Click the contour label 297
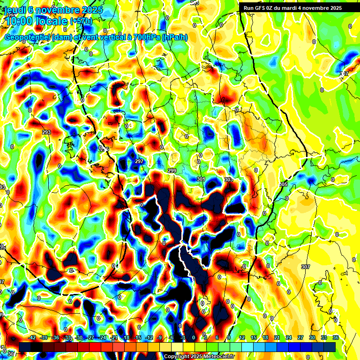click(x=139, y=161)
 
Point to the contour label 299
click(x=172, y=171)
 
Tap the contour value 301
click(x=201, y=179)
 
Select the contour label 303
click(x=228, y=180)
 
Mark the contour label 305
click(x=283, y=184)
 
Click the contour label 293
click(x=46, y=133)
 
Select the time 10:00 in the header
click(x=22, y=21)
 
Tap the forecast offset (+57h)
click(x=81, y=21)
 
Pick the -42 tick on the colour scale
click(x=32, y=337)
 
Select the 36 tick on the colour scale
click(x=336, y=337)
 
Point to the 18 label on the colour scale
click(x=265, y=337)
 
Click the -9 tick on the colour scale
click(x=159, y=337)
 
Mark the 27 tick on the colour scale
click(x=300, y=337)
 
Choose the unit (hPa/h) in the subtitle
click(x=174, y=37)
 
